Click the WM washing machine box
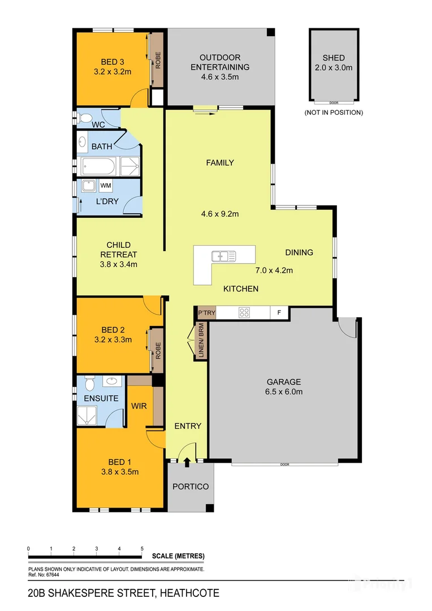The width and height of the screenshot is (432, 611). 106,186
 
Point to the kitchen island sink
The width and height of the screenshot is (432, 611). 224,256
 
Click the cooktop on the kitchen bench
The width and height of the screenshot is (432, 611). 244,312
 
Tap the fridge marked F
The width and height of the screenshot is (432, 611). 278,312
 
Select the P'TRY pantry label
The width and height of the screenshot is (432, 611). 204,312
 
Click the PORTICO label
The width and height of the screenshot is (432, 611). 190,487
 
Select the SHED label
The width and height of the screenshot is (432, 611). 333,58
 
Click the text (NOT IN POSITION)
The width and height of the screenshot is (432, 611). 333,113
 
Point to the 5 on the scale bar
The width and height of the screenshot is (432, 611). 142,549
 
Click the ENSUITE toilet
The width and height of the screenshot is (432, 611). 89,385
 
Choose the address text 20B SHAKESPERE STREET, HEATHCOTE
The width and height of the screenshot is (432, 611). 123,593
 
